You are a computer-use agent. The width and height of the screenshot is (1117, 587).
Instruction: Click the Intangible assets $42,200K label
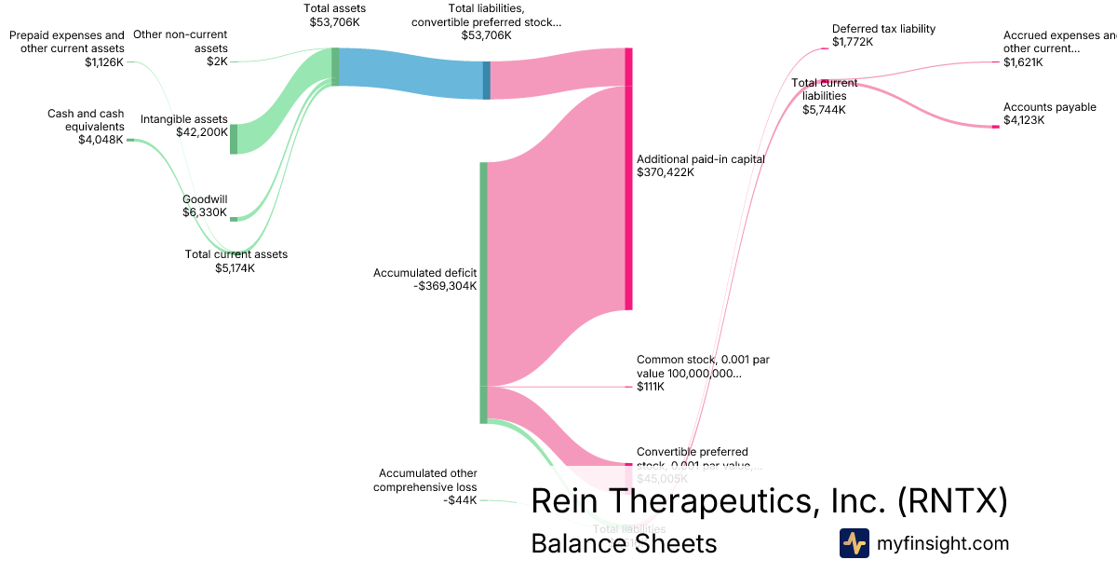coord(183,126)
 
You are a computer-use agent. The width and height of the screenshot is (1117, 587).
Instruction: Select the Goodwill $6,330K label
coord(205,205)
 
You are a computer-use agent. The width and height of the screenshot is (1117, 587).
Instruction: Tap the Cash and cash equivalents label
coord(86,127)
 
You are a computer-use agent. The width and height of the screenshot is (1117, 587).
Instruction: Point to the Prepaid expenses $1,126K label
coord(67,48)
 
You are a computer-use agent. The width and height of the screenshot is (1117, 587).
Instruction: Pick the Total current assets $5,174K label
coord(236,261)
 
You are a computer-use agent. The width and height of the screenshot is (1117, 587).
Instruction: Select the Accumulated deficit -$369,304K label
coord(425,280)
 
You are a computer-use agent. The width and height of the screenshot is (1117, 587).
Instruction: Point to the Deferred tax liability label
coord(883,34)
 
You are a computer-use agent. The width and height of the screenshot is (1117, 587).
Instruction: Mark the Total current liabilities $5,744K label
coord(824,96)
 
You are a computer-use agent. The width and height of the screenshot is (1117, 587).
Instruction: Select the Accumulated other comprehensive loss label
coord(426,486)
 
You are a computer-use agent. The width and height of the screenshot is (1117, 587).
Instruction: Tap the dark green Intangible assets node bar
coord(234,138)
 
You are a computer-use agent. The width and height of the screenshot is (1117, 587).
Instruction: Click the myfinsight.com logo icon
coord(854,543)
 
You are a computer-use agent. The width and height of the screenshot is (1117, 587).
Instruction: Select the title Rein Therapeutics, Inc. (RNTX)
coord(769,501)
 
